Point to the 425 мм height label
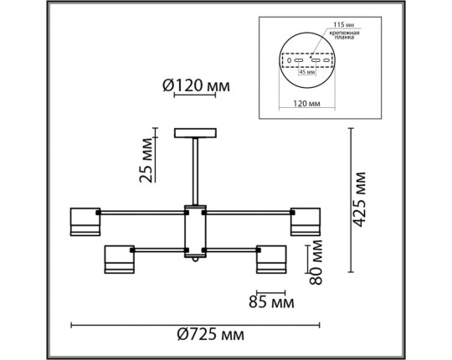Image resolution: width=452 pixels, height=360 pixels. coord(360,200)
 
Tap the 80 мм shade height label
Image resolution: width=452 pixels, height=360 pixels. coord(316,263)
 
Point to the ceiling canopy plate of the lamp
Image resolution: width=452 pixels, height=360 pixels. coord(195,133)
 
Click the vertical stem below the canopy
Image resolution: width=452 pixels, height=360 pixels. coord(195,172)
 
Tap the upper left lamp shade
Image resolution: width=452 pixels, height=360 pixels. coord(84,220)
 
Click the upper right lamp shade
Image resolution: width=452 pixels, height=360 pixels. coord(305,220)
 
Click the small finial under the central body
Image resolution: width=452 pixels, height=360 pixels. coord(195,261)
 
